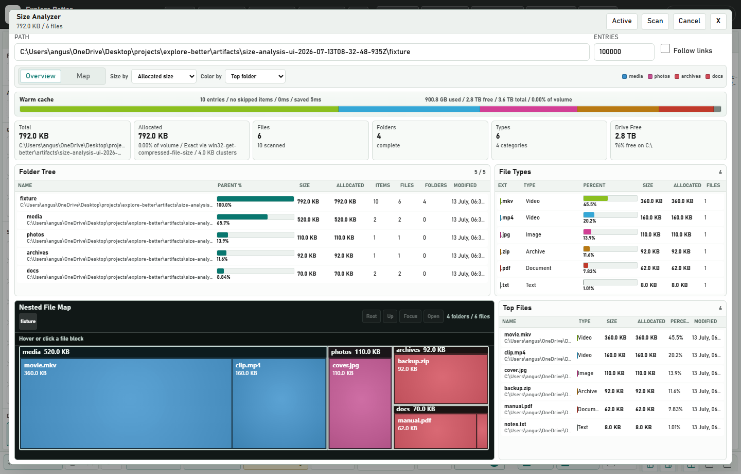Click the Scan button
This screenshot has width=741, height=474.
tap(655, 21)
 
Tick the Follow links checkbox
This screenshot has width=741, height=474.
tap(665, 49)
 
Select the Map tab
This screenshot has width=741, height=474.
tap(83, 76)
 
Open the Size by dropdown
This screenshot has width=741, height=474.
tap(164, 77)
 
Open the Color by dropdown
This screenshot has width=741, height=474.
tap(255, 77)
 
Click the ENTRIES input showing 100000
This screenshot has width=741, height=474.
tap(624, 52)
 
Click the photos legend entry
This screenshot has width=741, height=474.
tap(659, 77)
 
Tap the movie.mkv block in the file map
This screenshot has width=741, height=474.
tap(126, 403)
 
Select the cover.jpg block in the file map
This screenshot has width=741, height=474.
tap(360, 403)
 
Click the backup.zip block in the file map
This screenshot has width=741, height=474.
tap(440, 379)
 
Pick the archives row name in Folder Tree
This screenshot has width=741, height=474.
tap(38, 253)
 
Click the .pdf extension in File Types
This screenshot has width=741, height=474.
tap(505, 268)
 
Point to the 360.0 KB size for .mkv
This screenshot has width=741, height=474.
tap(651, 201)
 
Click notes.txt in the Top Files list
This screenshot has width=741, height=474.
tap(515, 425)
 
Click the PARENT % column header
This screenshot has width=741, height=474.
tap(230, 185)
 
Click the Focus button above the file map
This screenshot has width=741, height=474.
tap(410, 316)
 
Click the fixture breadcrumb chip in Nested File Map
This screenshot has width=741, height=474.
tap(28, 321)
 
